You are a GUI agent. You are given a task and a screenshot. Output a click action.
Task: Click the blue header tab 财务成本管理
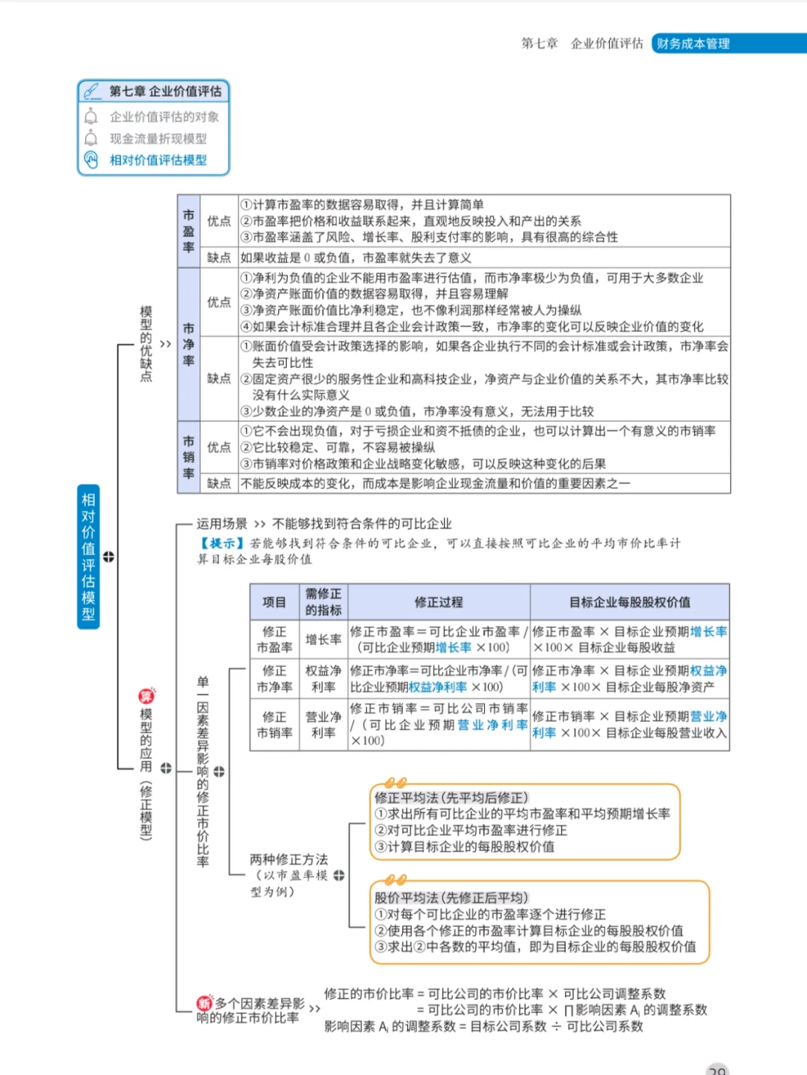pyautogui.click(x=693, y=43)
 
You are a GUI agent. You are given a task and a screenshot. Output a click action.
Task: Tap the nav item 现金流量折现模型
pyautogui.click(x=158, y=138)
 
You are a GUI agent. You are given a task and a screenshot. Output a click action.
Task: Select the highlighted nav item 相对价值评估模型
pyautogui.click(x=158, y=160)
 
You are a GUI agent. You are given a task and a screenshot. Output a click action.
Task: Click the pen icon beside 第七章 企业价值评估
pyautogui.click(x=92, y=91)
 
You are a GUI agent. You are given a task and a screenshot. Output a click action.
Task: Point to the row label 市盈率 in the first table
pyautogui.click(x=188, y=231)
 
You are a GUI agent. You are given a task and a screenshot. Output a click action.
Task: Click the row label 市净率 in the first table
pyautogui.click(x=188, y=344)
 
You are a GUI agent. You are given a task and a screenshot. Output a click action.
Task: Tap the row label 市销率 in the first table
pyautogui.click(x=188, y=457)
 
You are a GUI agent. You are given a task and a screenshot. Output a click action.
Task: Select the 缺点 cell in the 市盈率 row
pyautogui.click(x=219, y=258)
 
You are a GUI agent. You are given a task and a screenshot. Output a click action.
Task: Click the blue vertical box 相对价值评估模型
pyautogui.click(x=88, y=556)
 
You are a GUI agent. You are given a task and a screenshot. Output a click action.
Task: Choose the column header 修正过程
pyautogui.click(x=439, y=602)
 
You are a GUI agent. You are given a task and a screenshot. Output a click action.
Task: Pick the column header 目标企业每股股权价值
pyautogui.click(x=629, y=602)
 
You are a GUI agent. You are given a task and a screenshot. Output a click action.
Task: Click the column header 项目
pyautogui.click(x=274, y=602)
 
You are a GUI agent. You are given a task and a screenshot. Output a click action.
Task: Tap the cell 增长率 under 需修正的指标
pyautogui.click(x=323, y=640)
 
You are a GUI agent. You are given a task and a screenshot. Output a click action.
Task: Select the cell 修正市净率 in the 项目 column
pyautogui.click(x=274, y=679)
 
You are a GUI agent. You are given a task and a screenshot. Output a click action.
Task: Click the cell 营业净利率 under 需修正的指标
pyautogui.click(x=323, y=724)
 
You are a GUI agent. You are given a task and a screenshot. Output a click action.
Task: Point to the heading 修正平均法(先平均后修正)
pyautogui.click(x=451, y=797)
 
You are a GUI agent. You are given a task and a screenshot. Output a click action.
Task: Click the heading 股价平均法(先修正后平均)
pyautogui.click(x=451, y=897)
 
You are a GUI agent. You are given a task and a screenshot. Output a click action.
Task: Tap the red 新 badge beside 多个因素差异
pyautogui.click(x=204, y=1003)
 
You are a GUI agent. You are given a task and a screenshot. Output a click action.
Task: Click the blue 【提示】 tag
pyautogui.click(x=222, y=543)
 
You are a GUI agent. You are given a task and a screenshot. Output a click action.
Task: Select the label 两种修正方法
pyautogui.click(x=288, y=859)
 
